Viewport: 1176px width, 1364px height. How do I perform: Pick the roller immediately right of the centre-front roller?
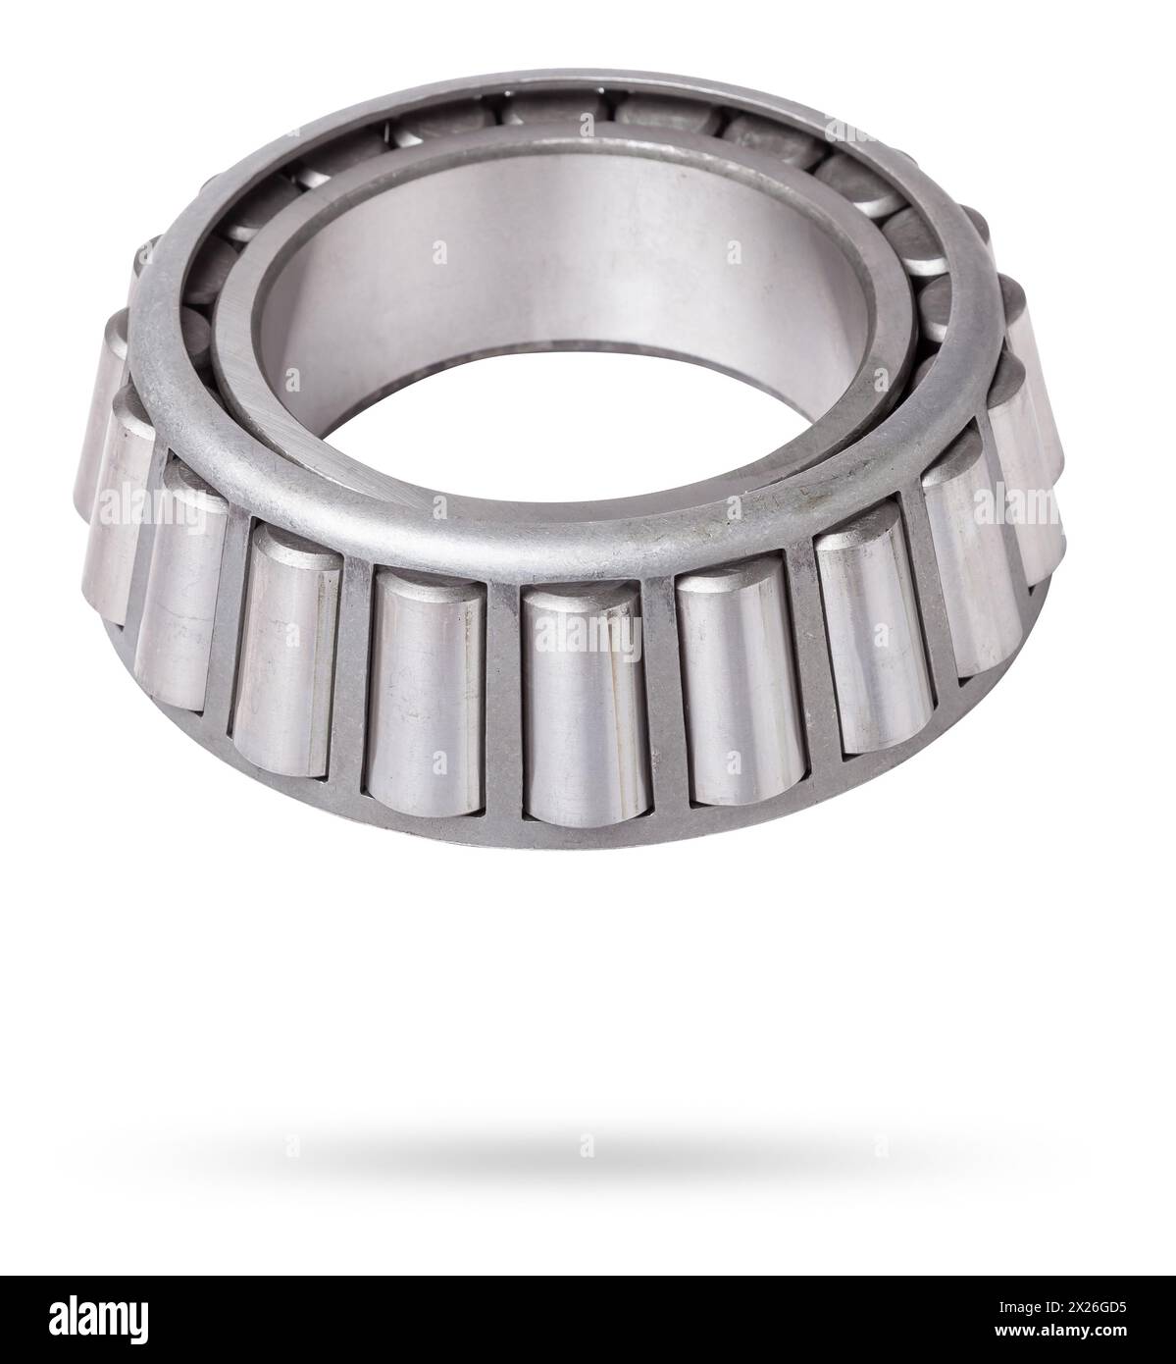(738, 692)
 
